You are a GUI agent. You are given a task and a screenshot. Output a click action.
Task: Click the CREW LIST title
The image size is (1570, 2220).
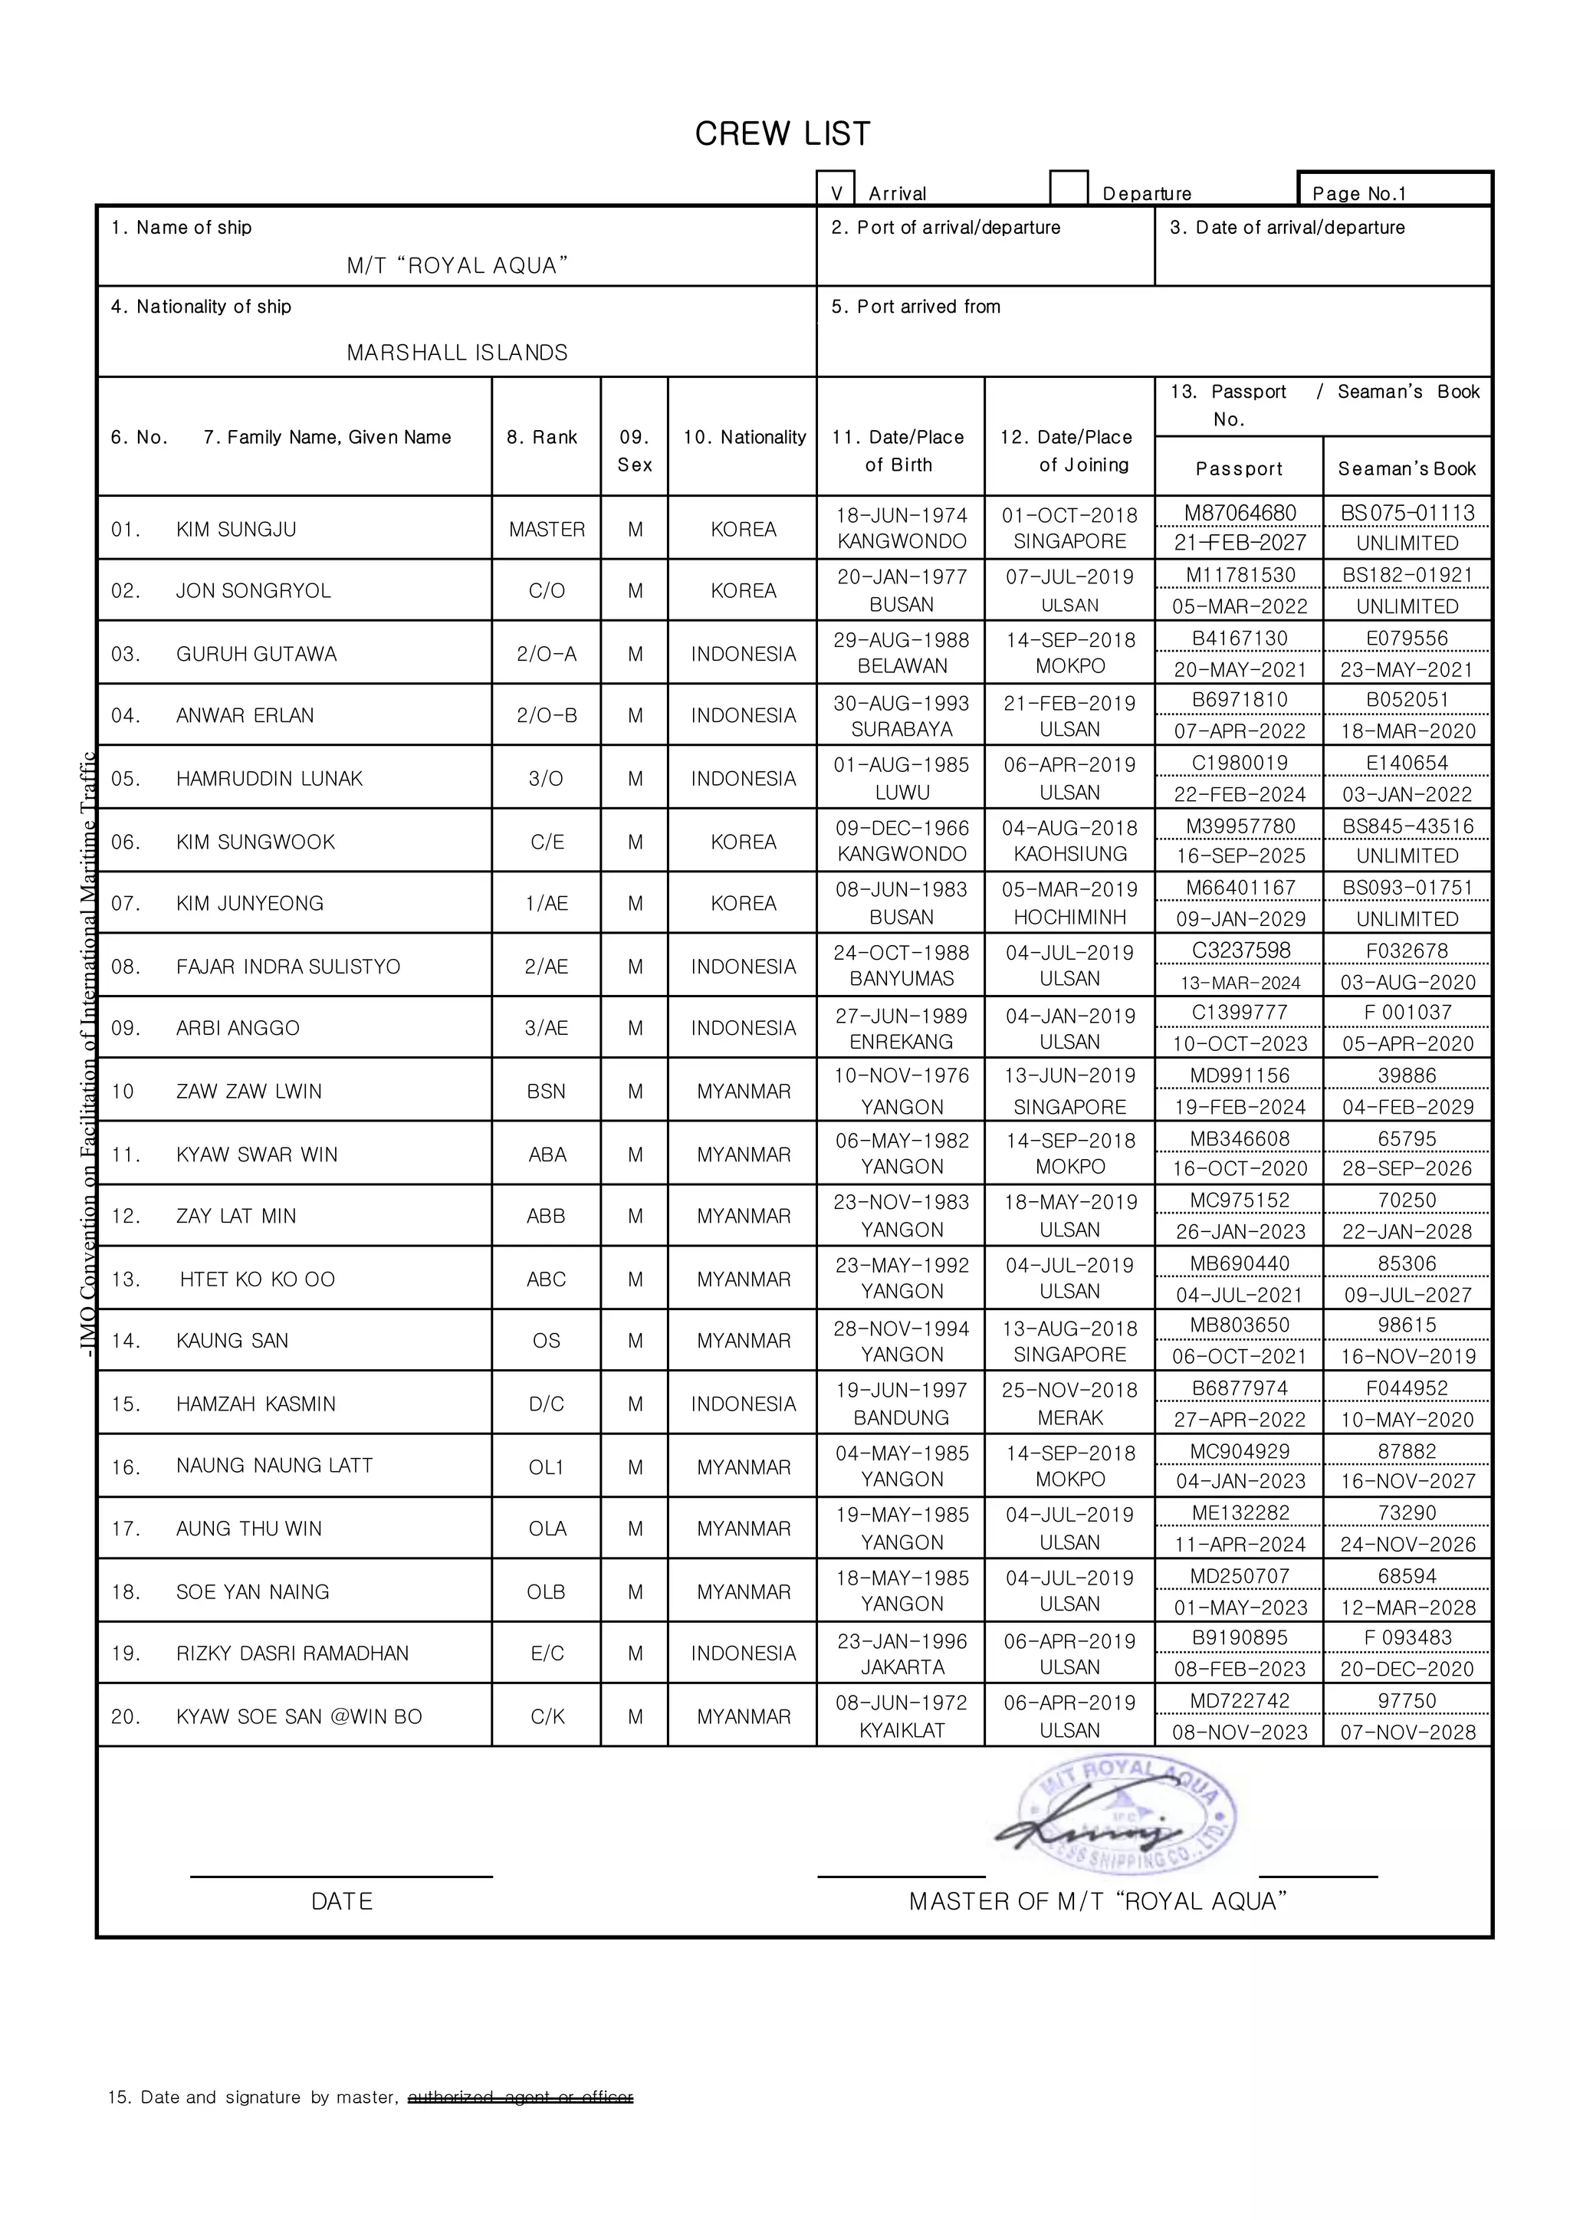tap(782, 133)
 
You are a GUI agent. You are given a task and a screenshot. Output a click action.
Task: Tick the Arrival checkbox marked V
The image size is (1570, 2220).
tap(836, 189)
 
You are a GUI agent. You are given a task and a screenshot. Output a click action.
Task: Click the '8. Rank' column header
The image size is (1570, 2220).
tap(541, 437)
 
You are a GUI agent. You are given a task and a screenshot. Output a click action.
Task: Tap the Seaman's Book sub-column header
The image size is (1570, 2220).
tap(1407, 469)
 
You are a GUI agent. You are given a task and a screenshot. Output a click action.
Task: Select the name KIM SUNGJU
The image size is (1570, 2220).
tap(236, 530)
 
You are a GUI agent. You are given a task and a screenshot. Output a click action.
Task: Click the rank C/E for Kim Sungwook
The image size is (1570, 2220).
tap(547, 842)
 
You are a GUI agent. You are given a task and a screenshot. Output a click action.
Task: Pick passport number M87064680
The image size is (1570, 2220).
tap(1240, 514)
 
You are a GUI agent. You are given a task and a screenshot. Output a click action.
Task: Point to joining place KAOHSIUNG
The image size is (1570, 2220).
tap(1070, 854)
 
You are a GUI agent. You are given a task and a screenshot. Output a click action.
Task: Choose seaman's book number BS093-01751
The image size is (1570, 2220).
tap(1407, 888)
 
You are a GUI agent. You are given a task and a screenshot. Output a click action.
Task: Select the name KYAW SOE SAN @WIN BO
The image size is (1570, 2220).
tap(299, 1716)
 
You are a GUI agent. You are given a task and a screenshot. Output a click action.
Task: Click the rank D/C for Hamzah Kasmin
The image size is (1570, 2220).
tap(547, 1404)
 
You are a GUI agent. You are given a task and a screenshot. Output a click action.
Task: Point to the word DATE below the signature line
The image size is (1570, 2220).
tap(341, 1901)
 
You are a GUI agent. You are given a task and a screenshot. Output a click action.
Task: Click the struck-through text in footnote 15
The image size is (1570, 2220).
tap(520, 2097)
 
